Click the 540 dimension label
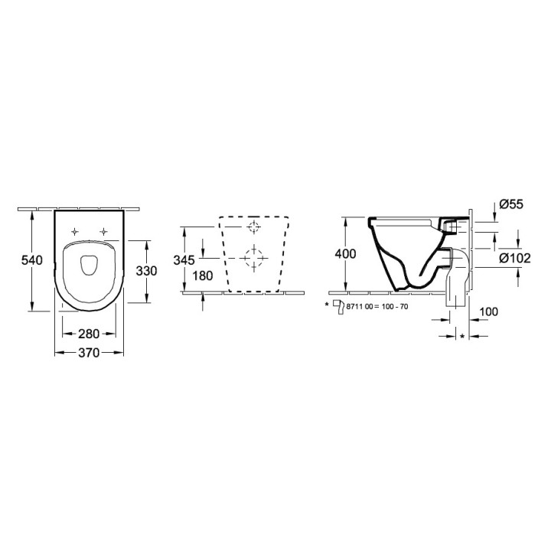(x=32, y=260)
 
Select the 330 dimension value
(x=146, y=271)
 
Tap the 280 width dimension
(x=89, y=334)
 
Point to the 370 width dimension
(x=89, y=353)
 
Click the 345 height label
(x=184, y=260)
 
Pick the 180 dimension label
(x=203, y=275)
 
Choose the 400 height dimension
(x=345, y=254)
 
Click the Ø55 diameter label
(x=511, y=204)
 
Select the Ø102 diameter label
(x=515, y=259)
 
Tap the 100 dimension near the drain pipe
(x=488, y=311)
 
